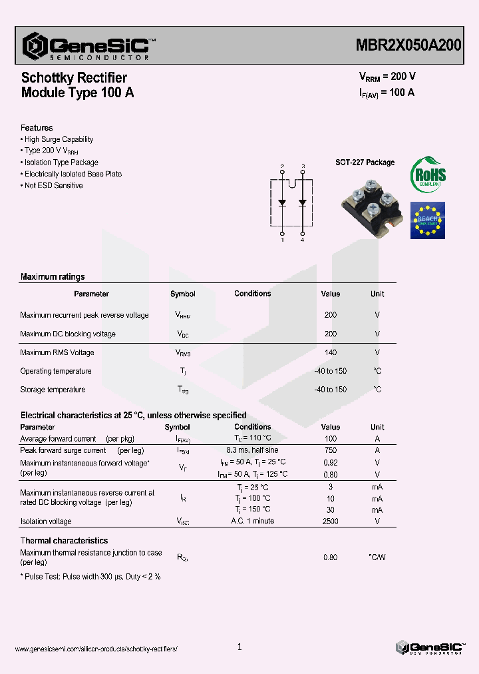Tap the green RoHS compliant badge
point(428,174)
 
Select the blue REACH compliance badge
point(427,220)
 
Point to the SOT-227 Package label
point(365,163)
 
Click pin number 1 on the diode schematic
point(282,240)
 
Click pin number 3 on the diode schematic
point(303,166)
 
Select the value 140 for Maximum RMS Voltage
point(330,352)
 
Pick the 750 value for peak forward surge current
point(330,450)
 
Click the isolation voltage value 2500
point(330,521)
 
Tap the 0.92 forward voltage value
point(330,462)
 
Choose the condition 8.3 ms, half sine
point(252,450)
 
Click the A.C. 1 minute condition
point(252,521)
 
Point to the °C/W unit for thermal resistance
point(377,557)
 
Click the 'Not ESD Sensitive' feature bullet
point(53,185)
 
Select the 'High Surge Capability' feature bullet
point(59,139)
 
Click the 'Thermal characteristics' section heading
point(64,541)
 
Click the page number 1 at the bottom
point(239,647)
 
